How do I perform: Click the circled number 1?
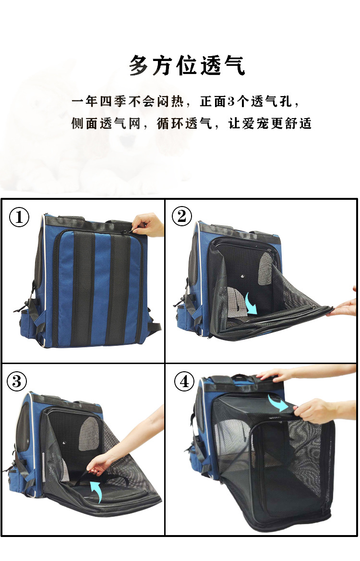tap(20, 218)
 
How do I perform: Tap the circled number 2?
tap(181, 217)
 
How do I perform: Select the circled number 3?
tap(17, 381)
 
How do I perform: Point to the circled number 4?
tap(184, 382)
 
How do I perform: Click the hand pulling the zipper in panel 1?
tap(148, 224)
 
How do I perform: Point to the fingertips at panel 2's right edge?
tap(343, 307)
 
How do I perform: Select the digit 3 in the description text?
tap(230, 102)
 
